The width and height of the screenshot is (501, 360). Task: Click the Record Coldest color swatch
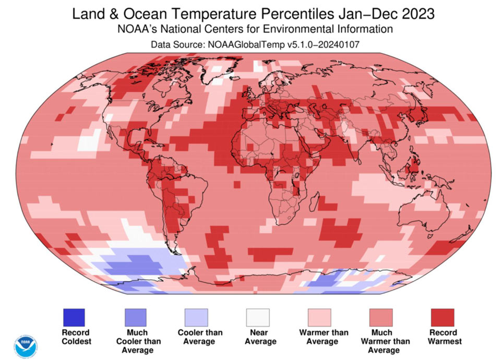coord(74,317)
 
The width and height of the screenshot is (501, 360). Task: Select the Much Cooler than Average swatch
coord(136,317)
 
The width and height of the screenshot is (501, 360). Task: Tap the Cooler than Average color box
coord(197,317)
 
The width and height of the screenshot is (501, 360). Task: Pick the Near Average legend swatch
coord(258,317)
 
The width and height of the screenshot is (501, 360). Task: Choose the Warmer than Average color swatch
coord(319,317)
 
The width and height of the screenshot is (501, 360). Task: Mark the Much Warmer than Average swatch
coord(381,317)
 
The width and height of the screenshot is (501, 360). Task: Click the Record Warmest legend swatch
coord(443,317)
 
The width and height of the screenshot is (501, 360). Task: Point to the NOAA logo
coord(26,346)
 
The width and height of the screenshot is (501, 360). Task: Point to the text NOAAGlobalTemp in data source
coord(246,44)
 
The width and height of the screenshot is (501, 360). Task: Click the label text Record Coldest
coord(76,337)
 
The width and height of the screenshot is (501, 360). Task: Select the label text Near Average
coord(260,337)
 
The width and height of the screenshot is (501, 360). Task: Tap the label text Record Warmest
coord(445,337)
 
